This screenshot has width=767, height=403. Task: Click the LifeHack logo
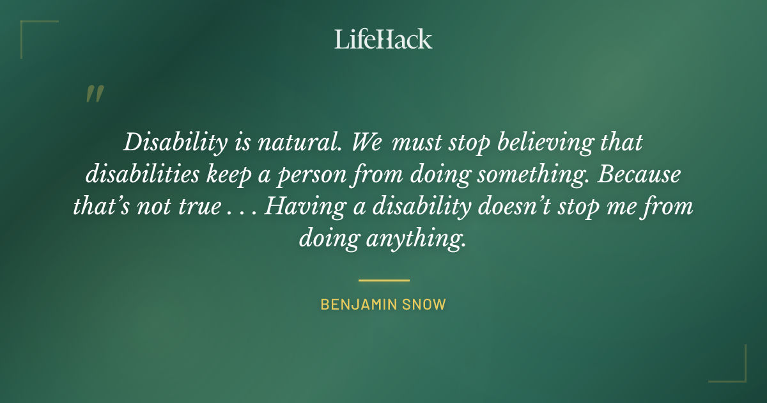(383, 39)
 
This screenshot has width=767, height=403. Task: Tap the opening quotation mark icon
(94, 94)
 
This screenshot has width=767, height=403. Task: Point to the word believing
(534, 143)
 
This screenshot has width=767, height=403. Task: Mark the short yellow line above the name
(383, 280)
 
